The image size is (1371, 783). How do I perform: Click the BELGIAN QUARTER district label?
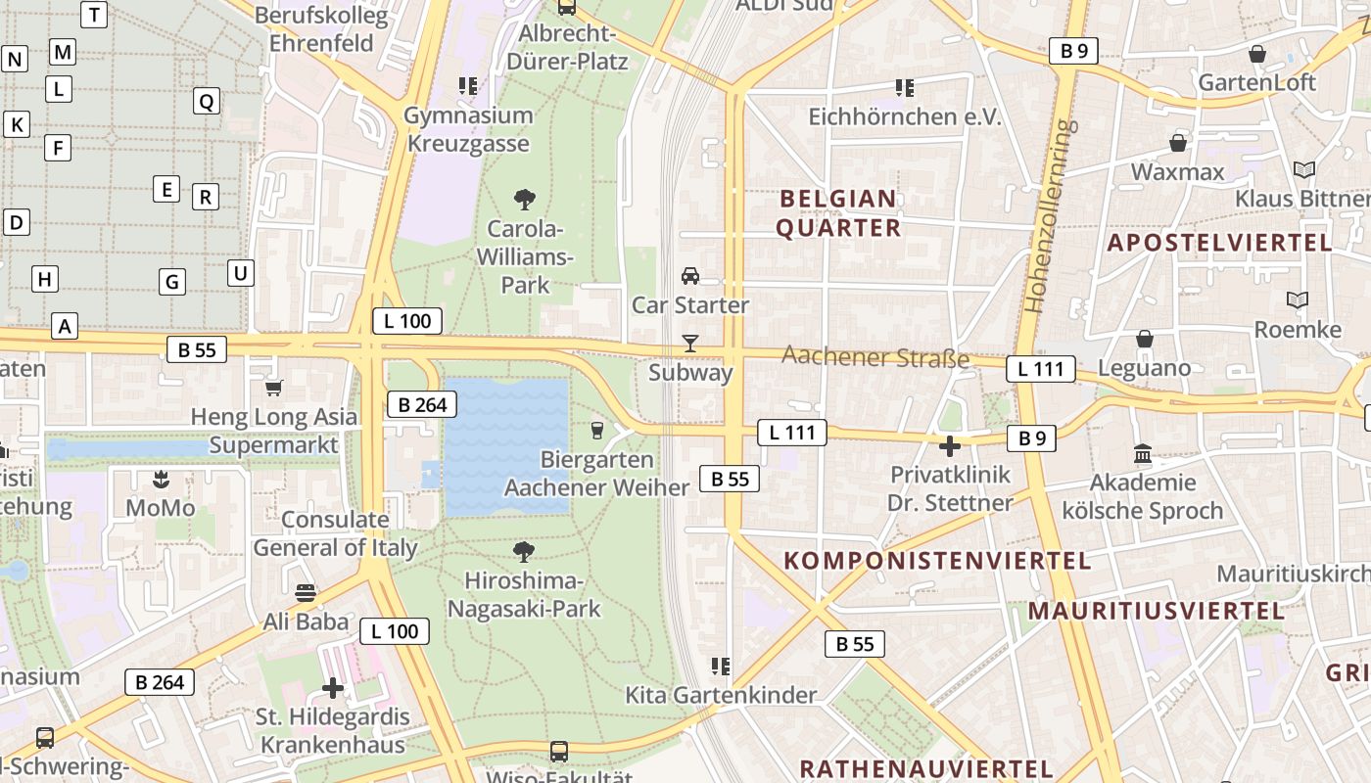click(x=838, y=213)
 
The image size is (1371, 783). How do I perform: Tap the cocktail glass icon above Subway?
click(x=690, y=343)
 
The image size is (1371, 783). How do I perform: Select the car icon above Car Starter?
click(x=690, y=276)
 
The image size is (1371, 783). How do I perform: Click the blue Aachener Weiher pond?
click(x=506, y=445)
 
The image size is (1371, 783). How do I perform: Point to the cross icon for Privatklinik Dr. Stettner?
click(x=949, y=446)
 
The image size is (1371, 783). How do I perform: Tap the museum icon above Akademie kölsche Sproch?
click(x=1143, y=454)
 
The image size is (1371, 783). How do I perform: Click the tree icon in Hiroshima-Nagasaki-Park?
click(x=524, y=552)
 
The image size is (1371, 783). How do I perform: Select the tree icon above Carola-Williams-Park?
click(x=525, y=200)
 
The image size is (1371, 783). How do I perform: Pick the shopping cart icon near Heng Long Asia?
click(x=274, y=388)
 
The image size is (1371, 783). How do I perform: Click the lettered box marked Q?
click(x=206, y=101)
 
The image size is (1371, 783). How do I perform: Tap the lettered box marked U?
click(x=240, y=273)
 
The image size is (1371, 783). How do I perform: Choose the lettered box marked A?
click(x=65, y=326)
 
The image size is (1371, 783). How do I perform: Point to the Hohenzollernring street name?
click(x=1048, y=215)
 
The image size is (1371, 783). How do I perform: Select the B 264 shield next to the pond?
click(x=422, y=404)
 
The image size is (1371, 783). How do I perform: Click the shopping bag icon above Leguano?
click(x=1144, y=340)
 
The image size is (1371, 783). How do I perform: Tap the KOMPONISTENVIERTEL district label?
click(x=937, y=561)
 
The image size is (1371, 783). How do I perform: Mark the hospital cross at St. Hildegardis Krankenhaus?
click(x=333, y=687)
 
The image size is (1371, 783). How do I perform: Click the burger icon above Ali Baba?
click(x=306, y=593)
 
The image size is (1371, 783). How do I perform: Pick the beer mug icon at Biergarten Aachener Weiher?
click(x=596, y=430)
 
